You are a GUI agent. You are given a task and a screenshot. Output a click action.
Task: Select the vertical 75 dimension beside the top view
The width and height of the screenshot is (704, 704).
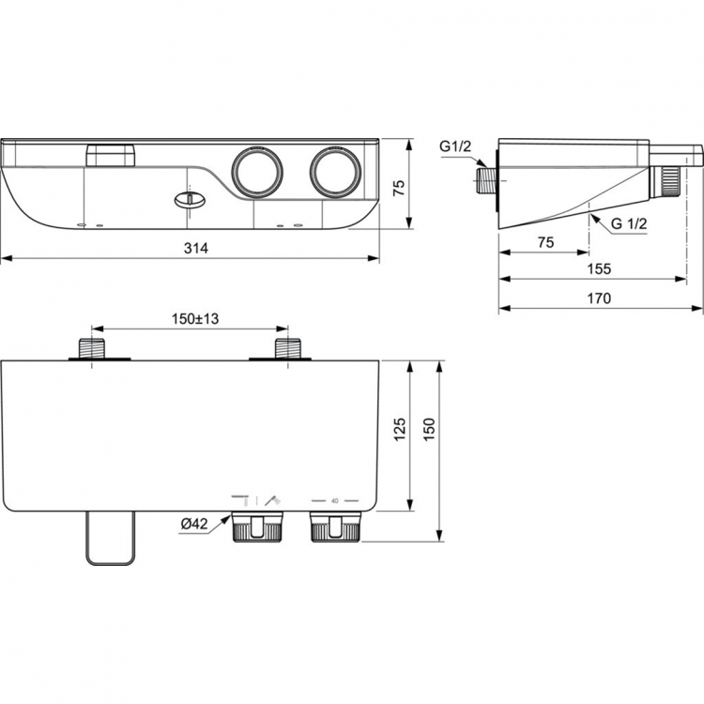[398, 187]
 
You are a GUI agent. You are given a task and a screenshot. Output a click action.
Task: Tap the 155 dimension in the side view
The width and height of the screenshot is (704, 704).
[599, 268]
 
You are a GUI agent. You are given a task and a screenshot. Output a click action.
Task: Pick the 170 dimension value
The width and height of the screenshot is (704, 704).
[599, 298]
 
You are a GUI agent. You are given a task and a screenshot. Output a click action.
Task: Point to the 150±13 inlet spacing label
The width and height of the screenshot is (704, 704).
[193, 320]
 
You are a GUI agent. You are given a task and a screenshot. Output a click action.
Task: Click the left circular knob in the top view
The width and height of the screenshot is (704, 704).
[255, 172]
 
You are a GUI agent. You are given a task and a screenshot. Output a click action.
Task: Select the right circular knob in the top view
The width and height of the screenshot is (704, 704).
[334, 172]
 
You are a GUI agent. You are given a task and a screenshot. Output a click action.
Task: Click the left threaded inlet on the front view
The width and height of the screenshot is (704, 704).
[94, 348]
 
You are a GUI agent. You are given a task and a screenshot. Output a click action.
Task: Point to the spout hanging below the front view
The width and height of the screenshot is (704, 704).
[111, 539]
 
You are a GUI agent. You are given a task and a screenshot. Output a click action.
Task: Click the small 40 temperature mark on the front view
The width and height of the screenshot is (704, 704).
[334, 501]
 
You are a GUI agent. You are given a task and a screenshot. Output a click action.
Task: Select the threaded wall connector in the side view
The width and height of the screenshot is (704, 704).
[485, 179]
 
